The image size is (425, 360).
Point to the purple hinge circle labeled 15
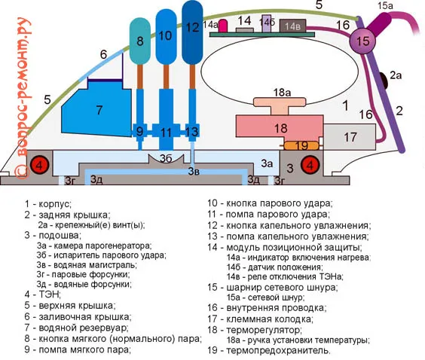(x=364, y=42)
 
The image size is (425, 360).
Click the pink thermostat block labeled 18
(x=280, y=127)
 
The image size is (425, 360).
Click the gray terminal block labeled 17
(x=349, y=137)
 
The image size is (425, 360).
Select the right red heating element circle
(x=310, y=165)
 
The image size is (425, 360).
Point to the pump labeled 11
(x=166, y=133)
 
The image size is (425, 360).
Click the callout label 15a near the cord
(x=386, y=6)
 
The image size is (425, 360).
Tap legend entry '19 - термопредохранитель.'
(x=269, y=350)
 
